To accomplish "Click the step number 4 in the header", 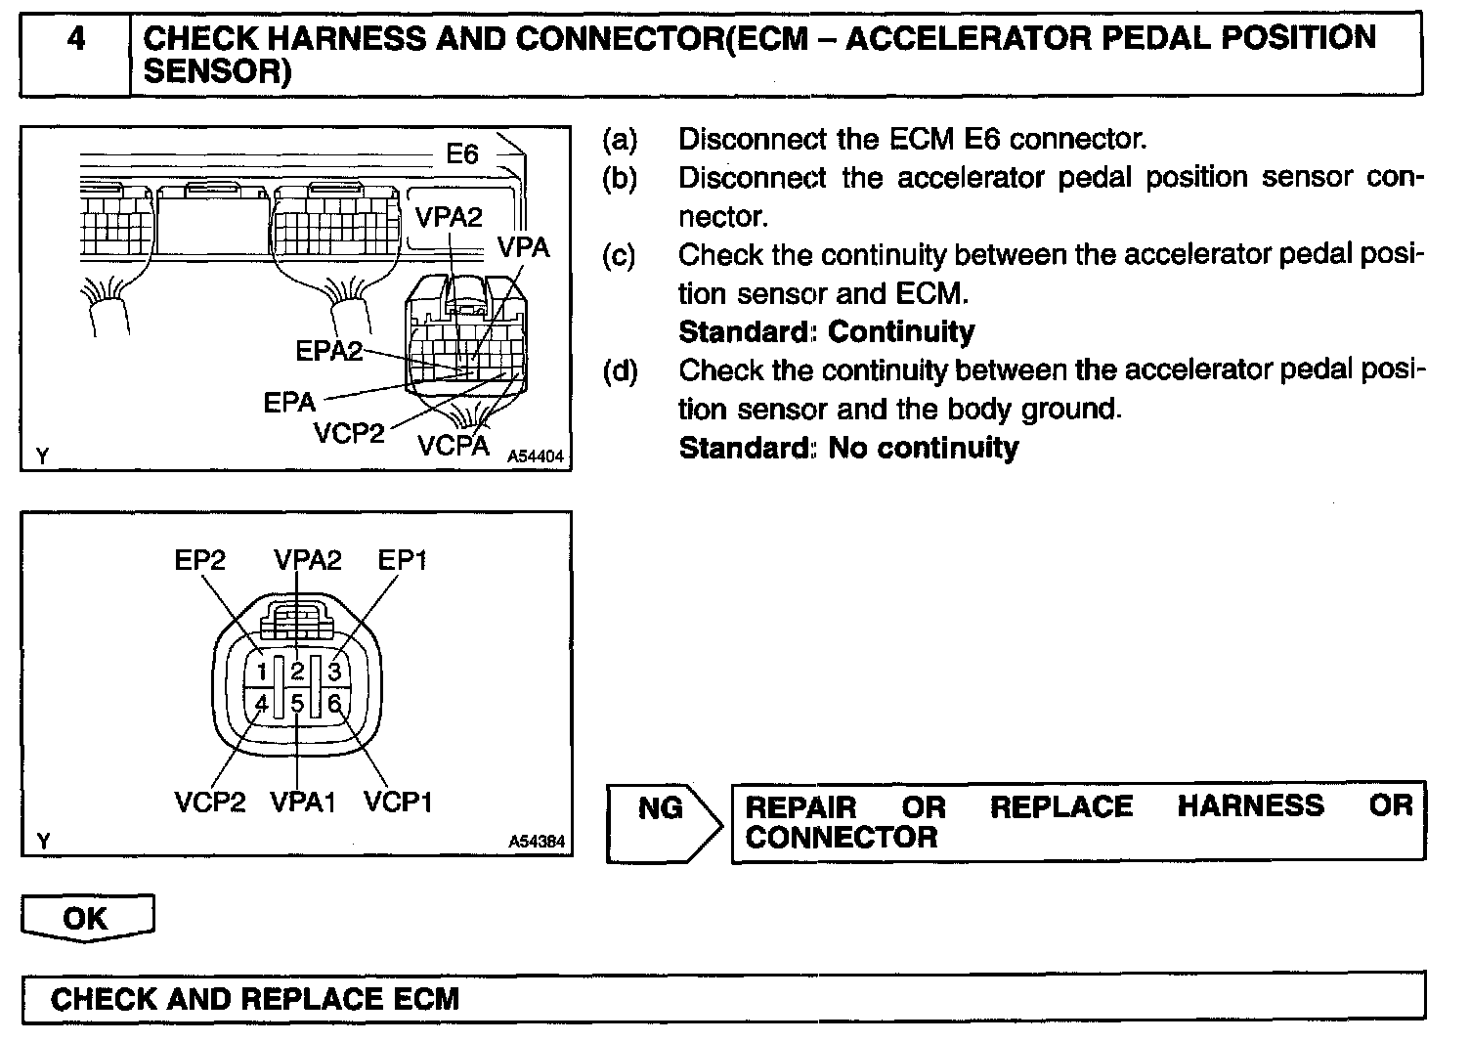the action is click(x=76, y=40).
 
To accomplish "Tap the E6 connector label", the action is click(x=461, y=154).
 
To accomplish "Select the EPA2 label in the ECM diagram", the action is click(x=328, y=351).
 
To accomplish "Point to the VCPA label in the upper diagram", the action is click(x=453, y=446).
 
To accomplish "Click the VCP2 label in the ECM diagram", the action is click(x=349, y=433).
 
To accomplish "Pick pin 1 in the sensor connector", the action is click(x=262, y=672).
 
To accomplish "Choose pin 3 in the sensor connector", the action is click(x=334, y=672).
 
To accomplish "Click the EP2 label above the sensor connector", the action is click(x=200, y=560).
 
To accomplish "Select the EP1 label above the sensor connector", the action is click(x=403, y=560).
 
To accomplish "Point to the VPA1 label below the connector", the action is click(x=303, y=803).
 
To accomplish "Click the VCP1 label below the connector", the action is click(x=398, y=803).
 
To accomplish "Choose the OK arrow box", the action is click(x=86, y=919).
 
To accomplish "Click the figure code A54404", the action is click(x=536, y=456).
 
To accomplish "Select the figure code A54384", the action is click(x=537, y=842).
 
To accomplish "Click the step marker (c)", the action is click(x=619, y=255).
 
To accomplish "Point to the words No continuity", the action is click(x=923, y=448).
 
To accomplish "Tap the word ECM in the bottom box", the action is click(x=425, y=999).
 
